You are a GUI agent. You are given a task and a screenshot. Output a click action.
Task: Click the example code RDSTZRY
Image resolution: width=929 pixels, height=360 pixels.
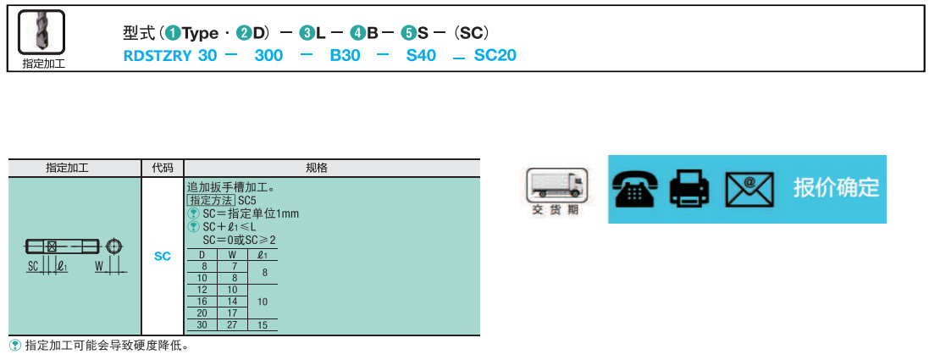pos(157,56)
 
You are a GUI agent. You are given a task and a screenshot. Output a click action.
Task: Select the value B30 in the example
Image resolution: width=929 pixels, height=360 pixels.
pos(345,56)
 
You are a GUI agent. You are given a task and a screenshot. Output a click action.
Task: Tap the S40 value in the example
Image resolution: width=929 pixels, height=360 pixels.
pos(421,56)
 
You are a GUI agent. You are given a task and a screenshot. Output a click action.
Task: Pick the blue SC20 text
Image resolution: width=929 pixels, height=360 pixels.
pos(495,56)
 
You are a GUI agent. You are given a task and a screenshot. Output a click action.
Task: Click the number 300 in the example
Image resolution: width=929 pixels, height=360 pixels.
pos(268,56)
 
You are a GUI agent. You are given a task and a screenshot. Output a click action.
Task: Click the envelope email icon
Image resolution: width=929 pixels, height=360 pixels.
pos(750,189)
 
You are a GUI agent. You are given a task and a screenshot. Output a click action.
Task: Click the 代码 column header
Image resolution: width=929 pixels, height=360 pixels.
pos(163,168)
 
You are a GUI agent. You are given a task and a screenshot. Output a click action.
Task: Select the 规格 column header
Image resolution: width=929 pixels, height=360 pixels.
pos(331,168)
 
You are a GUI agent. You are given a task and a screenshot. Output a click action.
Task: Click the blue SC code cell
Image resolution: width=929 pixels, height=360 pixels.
pos(163,256)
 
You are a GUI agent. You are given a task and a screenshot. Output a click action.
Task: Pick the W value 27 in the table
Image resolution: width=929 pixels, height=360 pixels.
pos(232,325)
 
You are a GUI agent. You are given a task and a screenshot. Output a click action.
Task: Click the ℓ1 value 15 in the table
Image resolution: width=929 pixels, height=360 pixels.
pos(263,325)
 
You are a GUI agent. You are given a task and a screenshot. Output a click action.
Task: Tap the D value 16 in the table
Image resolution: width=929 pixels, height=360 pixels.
pos(202,302)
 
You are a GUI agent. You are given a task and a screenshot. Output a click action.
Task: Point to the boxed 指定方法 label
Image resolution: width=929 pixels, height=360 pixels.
pos(211,201)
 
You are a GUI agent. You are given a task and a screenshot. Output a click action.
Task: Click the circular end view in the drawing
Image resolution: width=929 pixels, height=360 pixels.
pos(114,246)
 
